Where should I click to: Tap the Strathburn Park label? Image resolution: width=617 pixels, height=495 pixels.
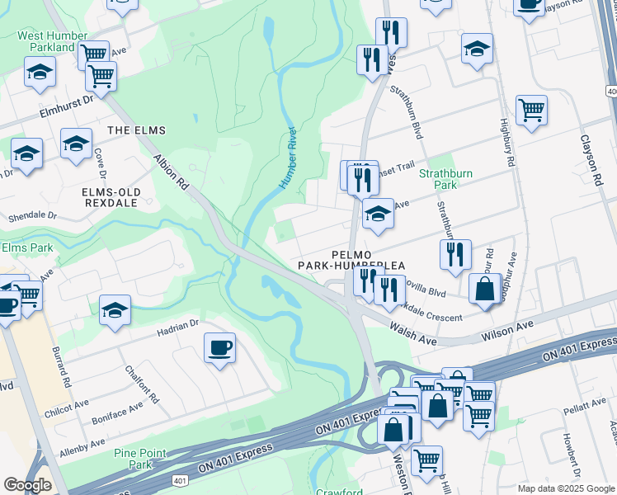[446, 181]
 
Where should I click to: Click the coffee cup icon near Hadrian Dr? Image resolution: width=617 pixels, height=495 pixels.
[219, 348]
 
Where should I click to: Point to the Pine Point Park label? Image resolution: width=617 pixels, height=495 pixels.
[141, 459]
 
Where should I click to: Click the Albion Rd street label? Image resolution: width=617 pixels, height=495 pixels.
[172, 172]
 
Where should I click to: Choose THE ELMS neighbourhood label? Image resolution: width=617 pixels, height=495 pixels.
[136, 130]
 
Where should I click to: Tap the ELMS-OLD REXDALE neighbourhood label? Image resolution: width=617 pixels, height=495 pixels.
[112, 198]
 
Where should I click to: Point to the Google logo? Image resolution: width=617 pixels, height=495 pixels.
[27, 485]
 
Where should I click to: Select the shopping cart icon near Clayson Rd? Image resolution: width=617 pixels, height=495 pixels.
[531, 109]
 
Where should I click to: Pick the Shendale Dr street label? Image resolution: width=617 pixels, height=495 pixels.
[32, 217]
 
